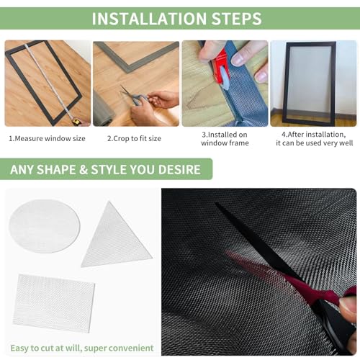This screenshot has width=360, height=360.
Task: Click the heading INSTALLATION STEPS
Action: [177, 19]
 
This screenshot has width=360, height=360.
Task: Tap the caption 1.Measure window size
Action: [47, 138]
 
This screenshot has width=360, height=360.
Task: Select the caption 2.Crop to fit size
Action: [134, 138]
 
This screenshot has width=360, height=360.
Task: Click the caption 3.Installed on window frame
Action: [225, 139]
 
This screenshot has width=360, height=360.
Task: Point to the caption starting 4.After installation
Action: [315, 139]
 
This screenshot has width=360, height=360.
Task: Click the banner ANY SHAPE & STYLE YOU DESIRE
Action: [105, 169]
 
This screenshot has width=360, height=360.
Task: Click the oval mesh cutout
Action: [45, 226]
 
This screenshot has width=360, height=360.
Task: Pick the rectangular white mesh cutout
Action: [54, 303]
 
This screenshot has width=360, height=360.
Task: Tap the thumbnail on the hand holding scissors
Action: [347, 305]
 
